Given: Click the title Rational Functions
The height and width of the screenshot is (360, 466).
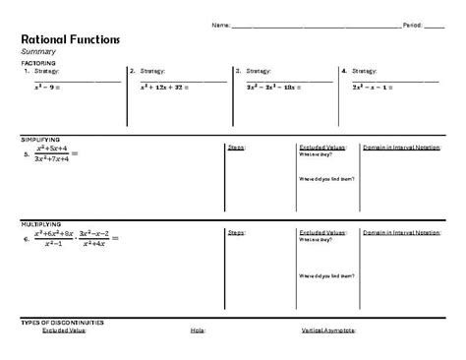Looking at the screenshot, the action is coord(70,39).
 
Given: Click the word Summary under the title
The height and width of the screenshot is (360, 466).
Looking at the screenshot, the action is coord(40,51).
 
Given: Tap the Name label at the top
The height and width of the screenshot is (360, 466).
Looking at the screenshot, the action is coord(221,24).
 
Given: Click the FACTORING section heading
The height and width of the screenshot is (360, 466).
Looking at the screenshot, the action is coord(38,62).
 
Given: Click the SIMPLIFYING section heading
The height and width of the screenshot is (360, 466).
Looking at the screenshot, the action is coord(41,140).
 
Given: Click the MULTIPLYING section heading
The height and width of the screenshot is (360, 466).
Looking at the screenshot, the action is coord(42,224).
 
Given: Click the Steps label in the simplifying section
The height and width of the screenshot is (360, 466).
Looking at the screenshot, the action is coord(236,148).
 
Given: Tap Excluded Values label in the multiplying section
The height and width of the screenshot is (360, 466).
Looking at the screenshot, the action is coord(318,232).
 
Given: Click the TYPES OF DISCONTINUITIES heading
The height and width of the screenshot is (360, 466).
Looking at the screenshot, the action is coord(62,322).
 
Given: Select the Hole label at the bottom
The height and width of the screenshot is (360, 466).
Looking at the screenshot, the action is coord(198,330).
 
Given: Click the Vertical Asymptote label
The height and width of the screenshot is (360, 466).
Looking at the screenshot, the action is coord(328,330).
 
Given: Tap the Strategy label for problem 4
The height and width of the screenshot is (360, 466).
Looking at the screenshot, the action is coord(365,71).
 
